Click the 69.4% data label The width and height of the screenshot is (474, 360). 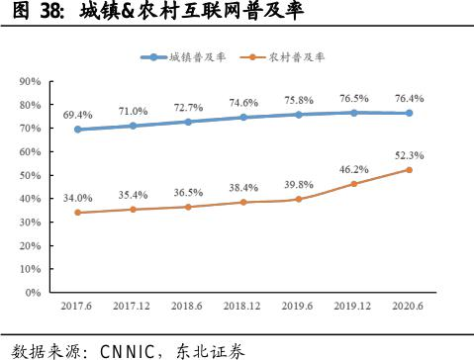(78, 114)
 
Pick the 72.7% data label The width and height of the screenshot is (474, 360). (188, 106)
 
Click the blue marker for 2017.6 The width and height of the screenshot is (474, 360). (78, 130)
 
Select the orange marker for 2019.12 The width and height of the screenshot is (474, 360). (352, 184)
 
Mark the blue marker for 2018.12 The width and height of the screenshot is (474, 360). (242, 117)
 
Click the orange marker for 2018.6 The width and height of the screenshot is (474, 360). (188, 207)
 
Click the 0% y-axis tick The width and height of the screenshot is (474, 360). (33, 293)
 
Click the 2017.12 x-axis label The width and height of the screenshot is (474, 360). (133, 308)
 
